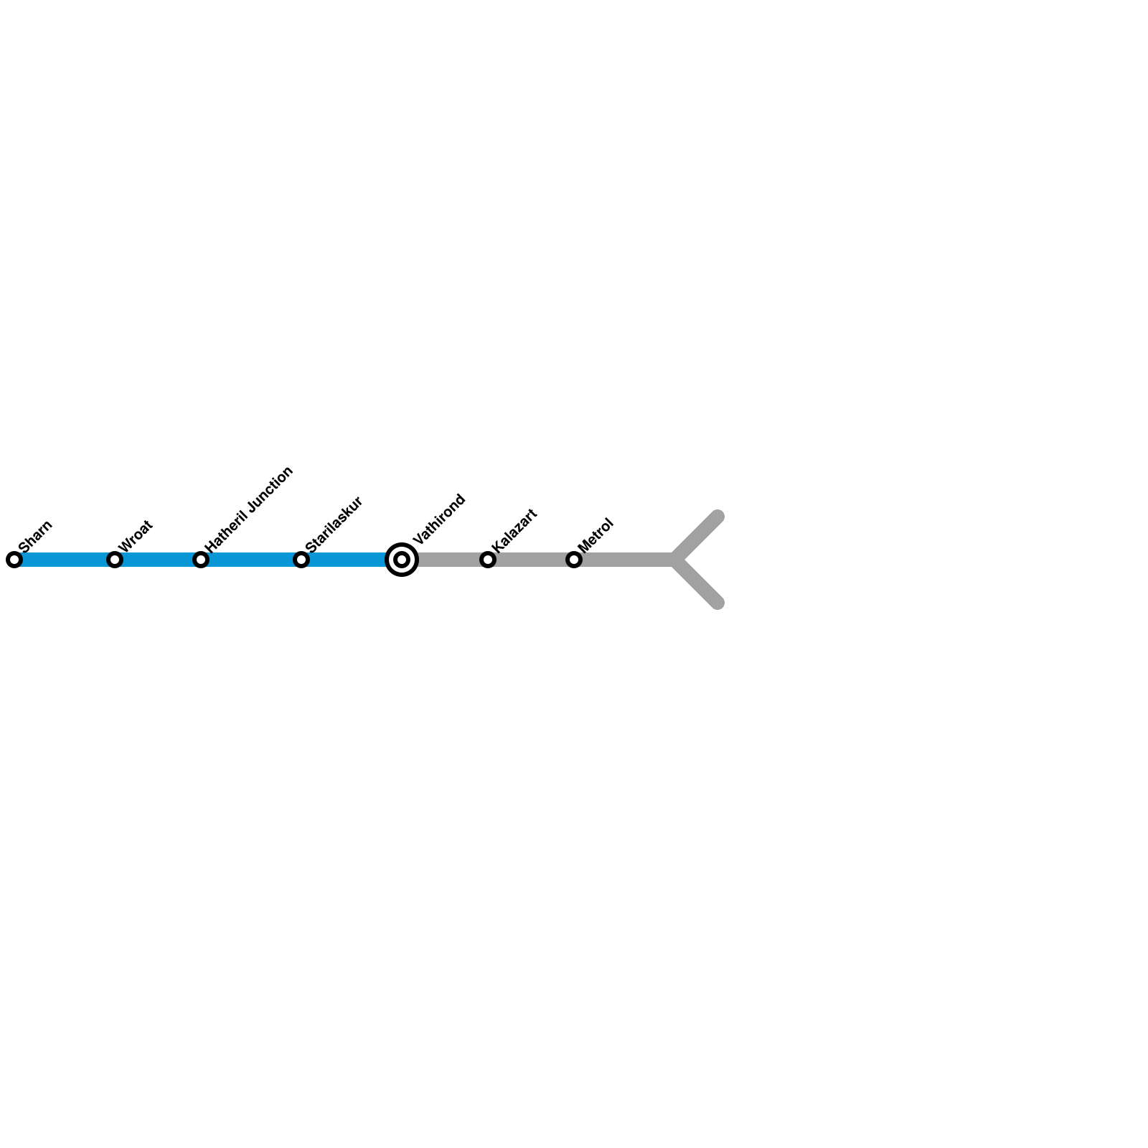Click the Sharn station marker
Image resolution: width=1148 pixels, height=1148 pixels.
click(x=14, y=560)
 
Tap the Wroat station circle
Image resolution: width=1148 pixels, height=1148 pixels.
click(x=115, y=560)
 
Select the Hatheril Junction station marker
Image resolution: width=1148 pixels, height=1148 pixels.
click(x=201, y=560)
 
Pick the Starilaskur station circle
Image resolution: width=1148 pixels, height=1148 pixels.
click(x=301, y=560)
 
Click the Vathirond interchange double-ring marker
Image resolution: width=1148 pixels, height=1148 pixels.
click(x=402, y=560)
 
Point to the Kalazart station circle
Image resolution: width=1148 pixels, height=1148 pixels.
click(x=488, y=560)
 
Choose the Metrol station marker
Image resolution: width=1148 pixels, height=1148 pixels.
click(x=574, y=560)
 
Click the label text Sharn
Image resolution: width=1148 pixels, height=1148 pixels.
click(x=35, y=536)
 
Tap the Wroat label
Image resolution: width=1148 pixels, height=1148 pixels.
click(x=136, y=536)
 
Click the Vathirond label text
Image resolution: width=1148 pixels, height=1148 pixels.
click(x=439, y=519)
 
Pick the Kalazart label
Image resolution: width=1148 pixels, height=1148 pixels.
click(x=514, y=530)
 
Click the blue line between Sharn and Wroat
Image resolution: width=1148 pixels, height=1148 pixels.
click(x=65, y=560)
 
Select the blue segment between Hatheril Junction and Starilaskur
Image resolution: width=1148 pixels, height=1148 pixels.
click(x=251, y=560)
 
